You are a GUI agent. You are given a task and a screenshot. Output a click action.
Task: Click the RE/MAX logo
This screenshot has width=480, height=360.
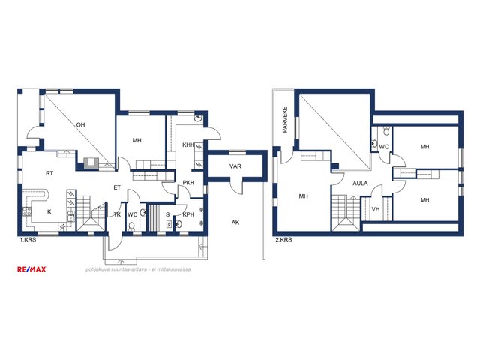click(x=31, y=269)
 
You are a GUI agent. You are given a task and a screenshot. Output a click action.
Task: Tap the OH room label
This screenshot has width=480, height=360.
click(x=80, y=125)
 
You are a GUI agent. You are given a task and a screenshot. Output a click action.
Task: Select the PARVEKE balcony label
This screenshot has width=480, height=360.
click(x=285, y=119)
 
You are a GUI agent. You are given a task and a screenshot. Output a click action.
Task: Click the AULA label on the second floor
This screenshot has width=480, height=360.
click(x=360, y=184)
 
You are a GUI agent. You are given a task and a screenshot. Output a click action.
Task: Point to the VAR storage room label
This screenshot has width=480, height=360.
click(x=235, y=166)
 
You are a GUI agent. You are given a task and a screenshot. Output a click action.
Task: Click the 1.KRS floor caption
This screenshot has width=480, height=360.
click(x=28, y=240)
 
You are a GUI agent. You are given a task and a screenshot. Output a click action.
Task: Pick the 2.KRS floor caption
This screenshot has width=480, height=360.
click(x=283, y=240)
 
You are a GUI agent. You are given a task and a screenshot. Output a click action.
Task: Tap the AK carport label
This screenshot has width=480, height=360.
click(x=235, y=223)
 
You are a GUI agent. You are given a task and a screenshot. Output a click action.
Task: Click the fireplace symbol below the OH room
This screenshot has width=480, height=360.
click(x=91, y=163)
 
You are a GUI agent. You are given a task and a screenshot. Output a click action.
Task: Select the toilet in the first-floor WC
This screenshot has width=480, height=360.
click(x=132, y=226)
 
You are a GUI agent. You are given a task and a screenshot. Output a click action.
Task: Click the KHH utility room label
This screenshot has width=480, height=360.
click(x=188, y=145)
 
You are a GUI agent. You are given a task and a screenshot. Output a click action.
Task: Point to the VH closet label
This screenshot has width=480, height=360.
click(x=376, y=209)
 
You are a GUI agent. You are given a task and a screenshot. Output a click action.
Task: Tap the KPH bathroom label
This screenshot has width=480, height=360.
click(x=188, y=215)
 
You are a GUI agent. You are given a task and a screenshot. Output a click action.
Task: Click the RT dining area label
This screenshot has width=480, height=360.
click(x=49, y=173)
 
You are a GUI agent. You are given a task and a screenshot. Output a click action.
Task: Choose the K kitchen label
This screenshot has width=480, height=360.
click(x=49, y=211)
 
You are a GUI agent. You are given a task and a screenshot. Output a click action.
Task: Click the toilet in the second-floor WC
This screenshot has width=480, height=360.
click(x=387, y=131)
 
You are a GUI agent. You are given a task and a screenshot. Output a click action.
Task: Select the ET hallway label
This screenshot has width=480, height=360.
click(x=117, y=188)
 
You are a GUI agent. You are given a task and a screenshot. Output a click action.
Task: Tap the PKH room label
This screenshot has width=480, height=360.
click(x=188, y=183)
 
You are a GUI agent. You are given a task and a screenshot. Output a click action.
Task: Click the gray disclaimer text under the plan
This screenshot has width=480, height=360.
click(x=138, y=269)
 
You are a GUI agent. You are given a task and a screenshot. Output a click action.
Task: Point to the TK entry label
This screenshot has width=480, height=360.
click(x=117, y=215)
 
